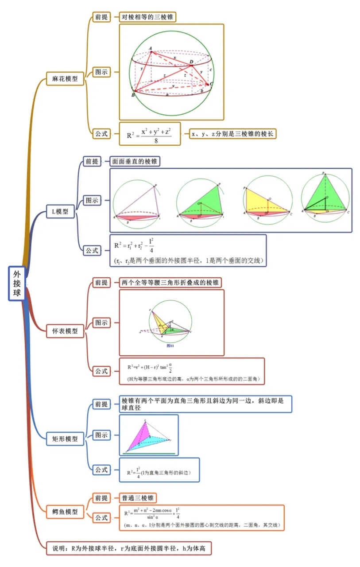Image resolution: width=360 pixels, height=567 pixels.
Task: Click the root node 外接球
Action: click(x=16, y=284)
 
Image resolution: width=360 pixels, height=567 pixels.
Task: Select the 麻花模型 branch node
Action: click(x=65, y=79)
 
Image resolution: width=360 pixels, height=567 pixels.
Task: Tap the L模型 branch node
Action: click(x=60, y=212)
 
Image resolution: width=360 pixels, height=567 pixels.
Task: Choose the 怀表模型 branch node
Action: click(x=65, y=330)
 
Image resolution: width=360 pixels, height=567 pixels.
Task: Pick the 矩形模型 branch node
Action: click(x=65, y=439)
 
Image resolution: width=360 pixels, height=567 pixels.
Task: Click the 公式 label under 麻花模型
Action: click(x=101, y=133)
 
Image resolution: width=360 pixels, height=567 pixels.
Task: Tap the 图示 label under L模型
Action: click(x=92, y=201)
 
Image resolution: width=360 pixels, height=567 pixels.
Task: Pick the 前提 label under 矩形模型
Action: click(x=101, y=404)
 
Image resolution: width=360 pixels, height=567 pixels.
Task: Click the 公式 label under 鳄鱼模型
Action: click(x=101, y=517)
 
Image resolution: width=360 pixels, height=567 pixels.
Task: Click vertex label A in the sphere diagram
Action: click(x=151, y=48)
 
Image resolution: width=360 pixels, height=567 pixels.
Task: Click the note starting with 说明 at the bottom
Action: click(x=129, y=548)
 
